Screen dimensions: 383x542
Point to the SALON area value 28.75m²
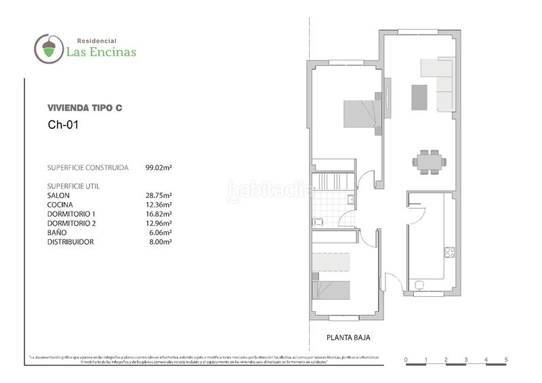159,195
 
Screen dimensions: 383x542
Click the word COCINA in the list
60,204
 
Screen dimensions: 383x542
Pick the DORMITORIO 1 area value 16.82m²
159,214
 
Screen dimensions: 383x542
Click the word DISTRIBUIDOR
70,242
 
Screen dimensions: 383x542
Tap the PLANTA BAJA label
348,337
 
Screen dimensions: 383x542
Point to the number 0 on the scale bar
405,359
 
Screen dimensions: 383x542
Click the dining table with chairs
428,161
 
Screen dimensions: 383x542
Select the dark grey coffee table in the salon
419,97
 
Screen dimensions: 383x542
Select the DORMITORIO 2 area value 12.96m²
159,223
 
